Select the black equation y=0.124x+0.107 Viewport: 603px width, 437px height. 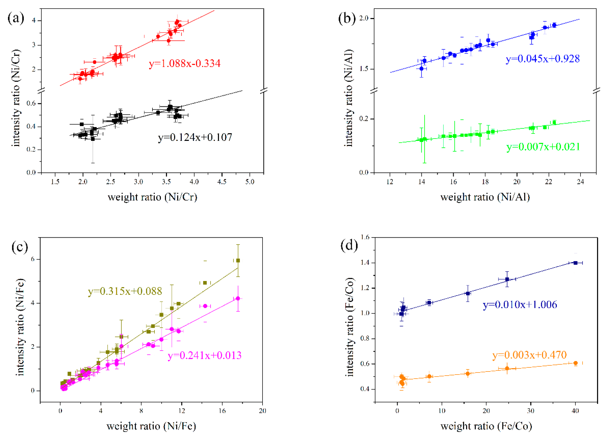[195, 138]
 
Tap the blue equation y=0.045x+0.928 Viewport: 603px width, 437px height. [542, 59]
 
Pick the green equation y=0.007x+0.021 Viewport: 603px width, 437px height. [543, 147]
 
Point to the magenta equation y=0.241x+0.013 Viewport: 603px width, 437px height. [204, 355]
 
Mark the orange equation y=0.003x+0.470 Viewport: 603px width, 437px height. [529, 355]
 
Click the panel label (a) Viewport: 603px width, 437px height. [16, 19]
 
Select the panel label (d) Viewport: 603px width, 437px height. [349, 245]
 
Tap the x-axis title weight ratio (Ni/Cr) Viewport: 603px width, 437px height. [152, 197]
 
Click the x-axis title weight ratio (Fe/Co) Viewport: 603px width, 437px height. [486, 426]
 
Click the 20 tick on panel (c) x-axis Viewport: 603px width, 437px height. [262, 411]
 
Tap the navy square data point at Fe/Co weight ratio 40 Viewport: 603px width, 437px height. [575, 263]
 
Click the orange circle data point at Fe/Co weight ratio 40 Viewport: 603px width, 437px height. [576, 363]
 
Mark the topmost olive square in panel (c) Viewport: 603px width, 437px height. [238, 260]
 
